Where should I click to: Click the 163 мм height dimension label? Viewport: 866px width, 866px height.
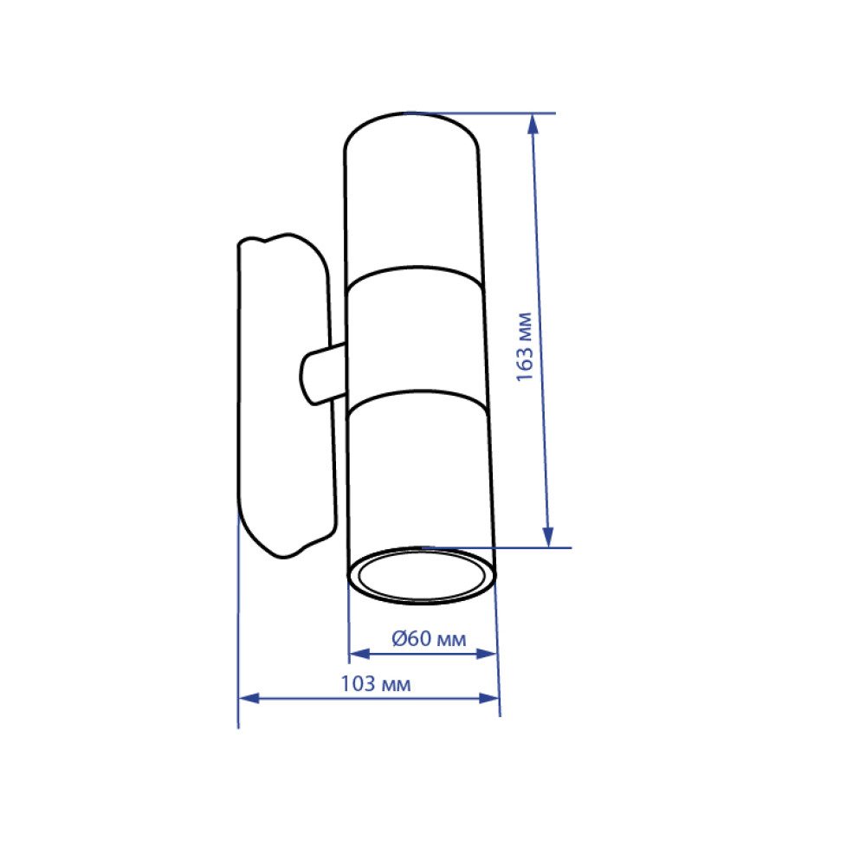coord(524,347)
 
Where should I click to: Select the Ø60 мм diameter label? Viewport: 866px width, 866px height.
coord(429,638)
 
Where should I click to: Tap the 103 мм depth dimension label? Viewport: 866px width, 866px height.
coord(376,684)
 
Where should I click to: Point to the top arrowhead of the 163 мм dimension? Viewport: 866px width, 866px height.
coord(533,124)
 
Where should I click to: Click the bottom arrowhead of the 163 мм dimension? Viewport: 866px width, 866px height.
coord(548,537)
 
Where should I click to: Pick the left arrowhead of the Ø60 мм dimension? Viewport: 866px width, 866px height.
coord(359,654)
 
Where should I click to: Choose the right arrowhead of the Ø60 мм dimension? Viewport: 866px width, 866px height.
coord(487,654)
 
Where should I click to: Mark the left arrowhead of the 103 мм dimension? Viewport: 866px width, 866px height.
coord(249,698)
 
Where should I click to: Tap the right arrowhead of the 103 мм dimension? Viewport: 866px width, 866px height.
coord(489,698)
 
